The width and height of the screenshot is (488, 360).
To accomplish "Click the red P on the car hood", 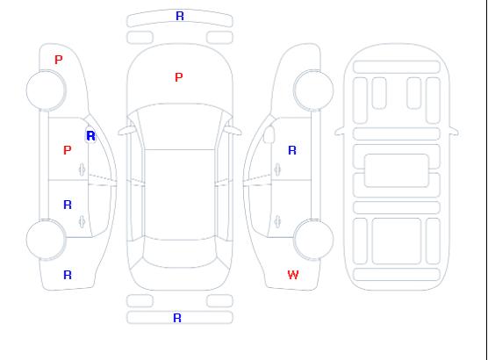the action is [x=179, y=77].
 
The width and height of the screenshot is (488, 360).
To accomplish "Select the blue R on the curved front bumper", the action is [x=180, y=16].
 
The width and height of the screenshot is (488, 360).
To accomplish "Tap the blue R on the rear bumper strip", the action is [x=177, y=318].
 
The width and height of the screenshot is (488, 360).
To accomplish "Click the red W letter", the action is [x=293, y=275].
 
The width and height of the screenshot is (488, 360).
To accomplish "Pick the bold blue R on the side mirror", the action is [x=90, y=136].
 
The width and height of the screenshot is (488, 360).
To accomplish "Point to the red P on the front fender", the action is [x=59, y=60].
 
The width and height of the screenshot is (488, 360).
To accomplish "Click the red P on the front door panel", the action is [x=68, y=150].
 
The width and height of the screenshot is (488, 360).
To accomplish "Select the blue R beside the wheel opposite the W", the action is [x=68, y=275].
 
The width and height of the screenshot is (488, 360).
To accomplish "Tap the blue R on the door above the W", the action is [x=292, y=150].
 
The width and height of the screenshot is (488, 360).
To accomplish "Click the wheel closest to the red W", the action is [x=313, y=239].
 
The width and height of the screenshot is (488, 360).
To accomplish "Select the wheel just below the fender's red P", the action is [x=46, y=90].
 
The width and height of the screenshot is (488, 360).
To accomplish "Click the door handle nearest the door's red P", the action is [x=83, y=169].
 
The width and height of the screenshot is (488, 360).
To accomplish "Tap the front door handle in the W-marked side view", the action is [x=277, y=169].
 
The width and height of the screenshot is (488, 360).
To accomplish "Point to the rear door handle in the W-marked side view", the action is [x=277, y=221].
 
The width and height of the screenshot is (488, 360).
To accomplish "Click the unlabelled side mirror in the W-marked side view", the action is [x=269, y=134].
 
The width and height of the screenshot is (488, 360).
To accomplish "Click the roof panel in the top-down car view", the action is [x=180, y=195].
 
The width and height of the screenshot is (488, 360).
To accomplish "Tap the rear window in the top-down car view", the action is [x=180, y=253].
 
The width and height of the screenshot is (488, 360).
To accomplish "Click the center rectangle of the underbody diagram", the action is [x=397, y=170].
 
